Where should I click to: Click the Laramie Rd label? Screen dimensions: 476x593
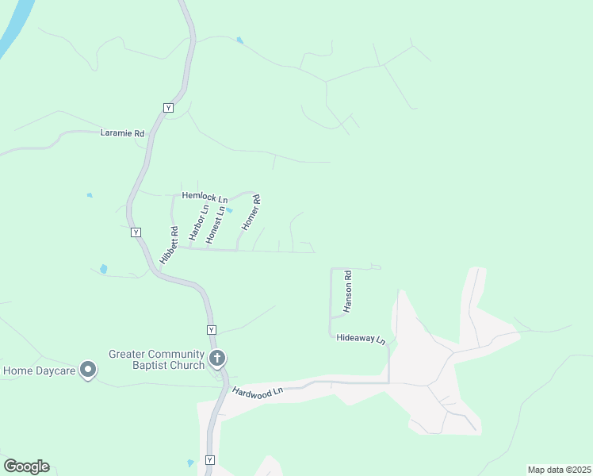click(x=122, y=134)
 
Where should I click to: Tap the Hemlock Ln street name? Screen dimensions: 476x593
click(x=205, y=195)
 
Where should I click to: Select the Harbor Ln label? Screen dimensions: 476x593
click(x=198, y=223)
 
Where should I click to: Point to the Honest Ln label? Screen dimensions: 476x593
click(x=216, y=225)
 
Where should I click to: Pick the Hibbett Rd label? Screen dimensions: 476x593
click(x=169, y=247)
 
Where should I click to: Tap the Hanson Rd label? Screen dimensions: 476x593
click(x=347, y=290)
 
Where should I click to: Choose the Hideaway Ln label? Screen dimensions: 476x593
click(x=361, y=338)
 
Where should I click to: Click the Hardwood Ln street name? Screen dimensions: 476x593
click(x=258, y=392)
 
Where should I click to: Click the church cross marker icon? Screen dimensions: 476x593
click(x=216, y=359)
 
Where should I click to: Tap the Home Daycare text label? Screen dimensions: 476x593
click(x=39, y=370)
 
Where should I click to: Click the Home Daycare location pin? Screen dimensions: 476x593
click(x=88, y=370)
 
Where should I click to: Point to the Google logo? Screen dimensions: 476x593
click(x=26, y=466)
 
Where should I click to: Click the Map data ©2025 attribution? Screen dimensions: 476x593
click(x=559, y=470)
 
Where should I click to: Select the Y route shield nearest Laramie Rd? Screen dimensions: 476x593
click(x=167, y=107)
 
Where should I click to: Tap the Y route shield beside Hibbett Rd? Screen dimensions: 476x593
click(x=136, y=232)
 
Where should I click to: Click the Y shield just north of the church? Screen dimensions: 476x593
click(x=211, y=329)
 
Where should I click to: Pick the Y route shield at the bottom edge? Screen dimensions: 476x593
click(x=209, y=460)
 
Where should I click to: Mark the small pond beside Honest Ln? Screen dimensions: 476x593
click(x=229, y=211)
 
